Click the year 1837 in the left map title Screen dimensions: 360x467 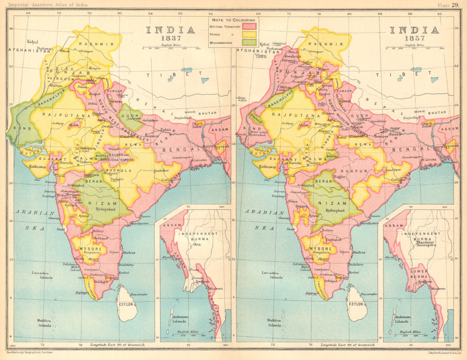(170, 40)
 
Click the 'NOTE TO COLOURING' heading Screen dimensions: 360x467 (233, 21)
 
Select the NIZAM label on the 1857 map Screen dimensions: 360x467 (332, 203)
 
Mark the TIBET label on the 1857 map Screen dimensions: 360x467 (403, 74)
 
